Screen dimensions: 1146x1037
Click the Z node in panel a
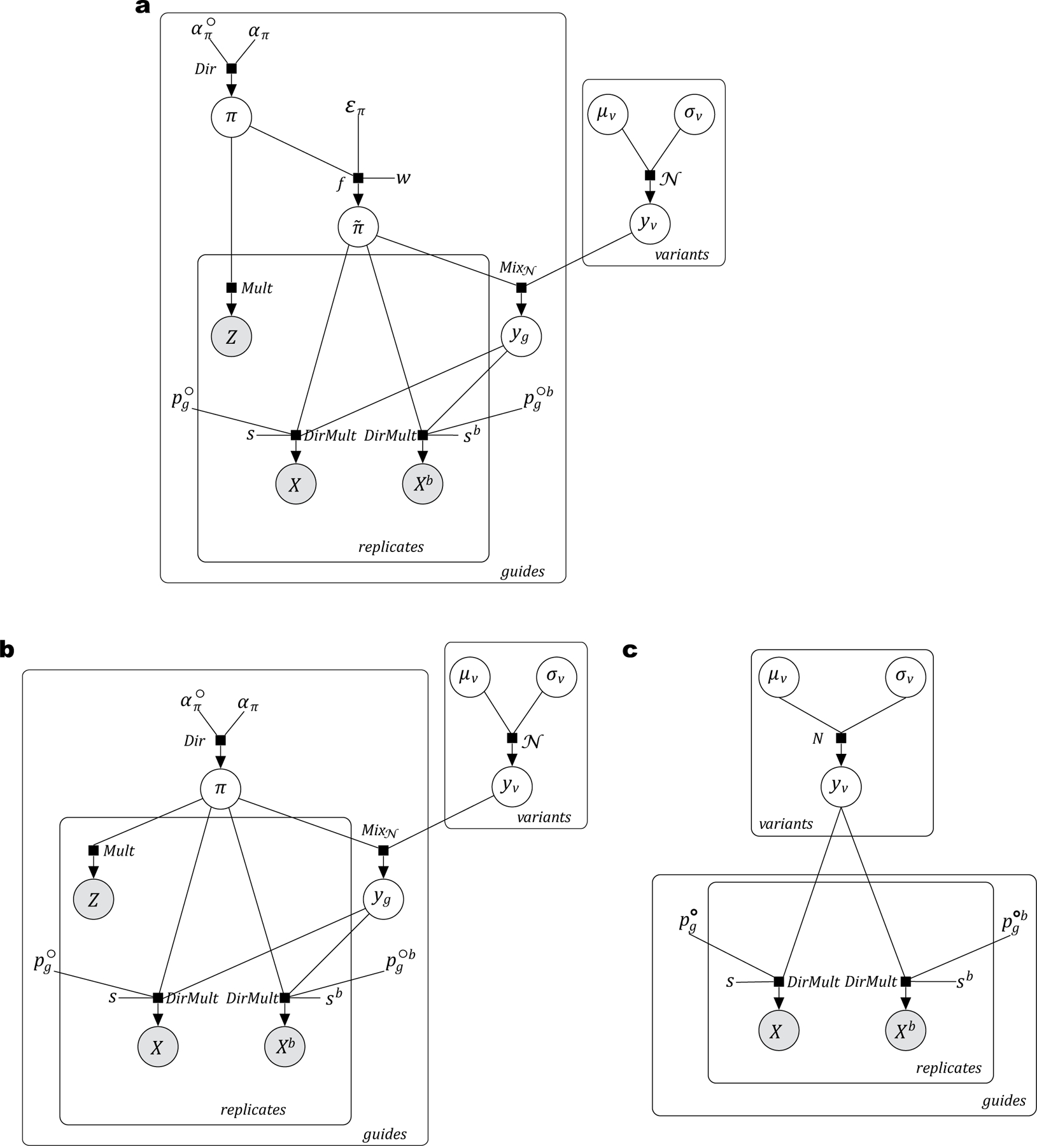tap(232, 337)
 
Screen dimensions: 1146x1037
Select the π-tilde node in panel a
tap(358, 227)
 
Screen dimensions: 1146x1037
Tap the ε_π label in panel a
tap(355, 107)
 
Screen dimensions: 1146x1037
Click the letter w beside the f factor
tap(403, 178)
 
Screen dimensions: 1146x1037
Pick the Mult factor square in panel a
tap(232, 288)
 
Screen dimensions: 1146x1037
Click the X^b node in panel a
tap(423, 485)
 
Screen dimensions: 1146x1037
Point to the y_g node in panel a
tap(521, 336)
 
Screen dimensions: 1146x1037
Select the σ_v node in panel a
tap(694, 115)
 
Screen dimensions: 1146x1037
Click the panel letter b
tap(7, 649)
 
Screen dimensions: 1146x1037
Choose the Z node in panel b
tap(94, 900)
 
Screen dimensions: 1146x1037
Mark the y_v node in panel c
tap(841, 788)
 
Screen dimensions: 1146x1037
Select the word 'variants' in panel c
tap(786, 824)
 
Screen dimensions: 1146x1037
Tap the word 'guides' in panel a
tap(523, 571)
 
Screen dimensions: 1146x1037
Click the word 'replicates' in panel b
tap(253, 1110)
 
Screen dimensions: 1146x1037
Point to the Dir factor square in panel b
tap(220, 740)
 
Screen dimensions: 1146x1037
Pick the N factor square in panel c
tap(841, 739)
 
